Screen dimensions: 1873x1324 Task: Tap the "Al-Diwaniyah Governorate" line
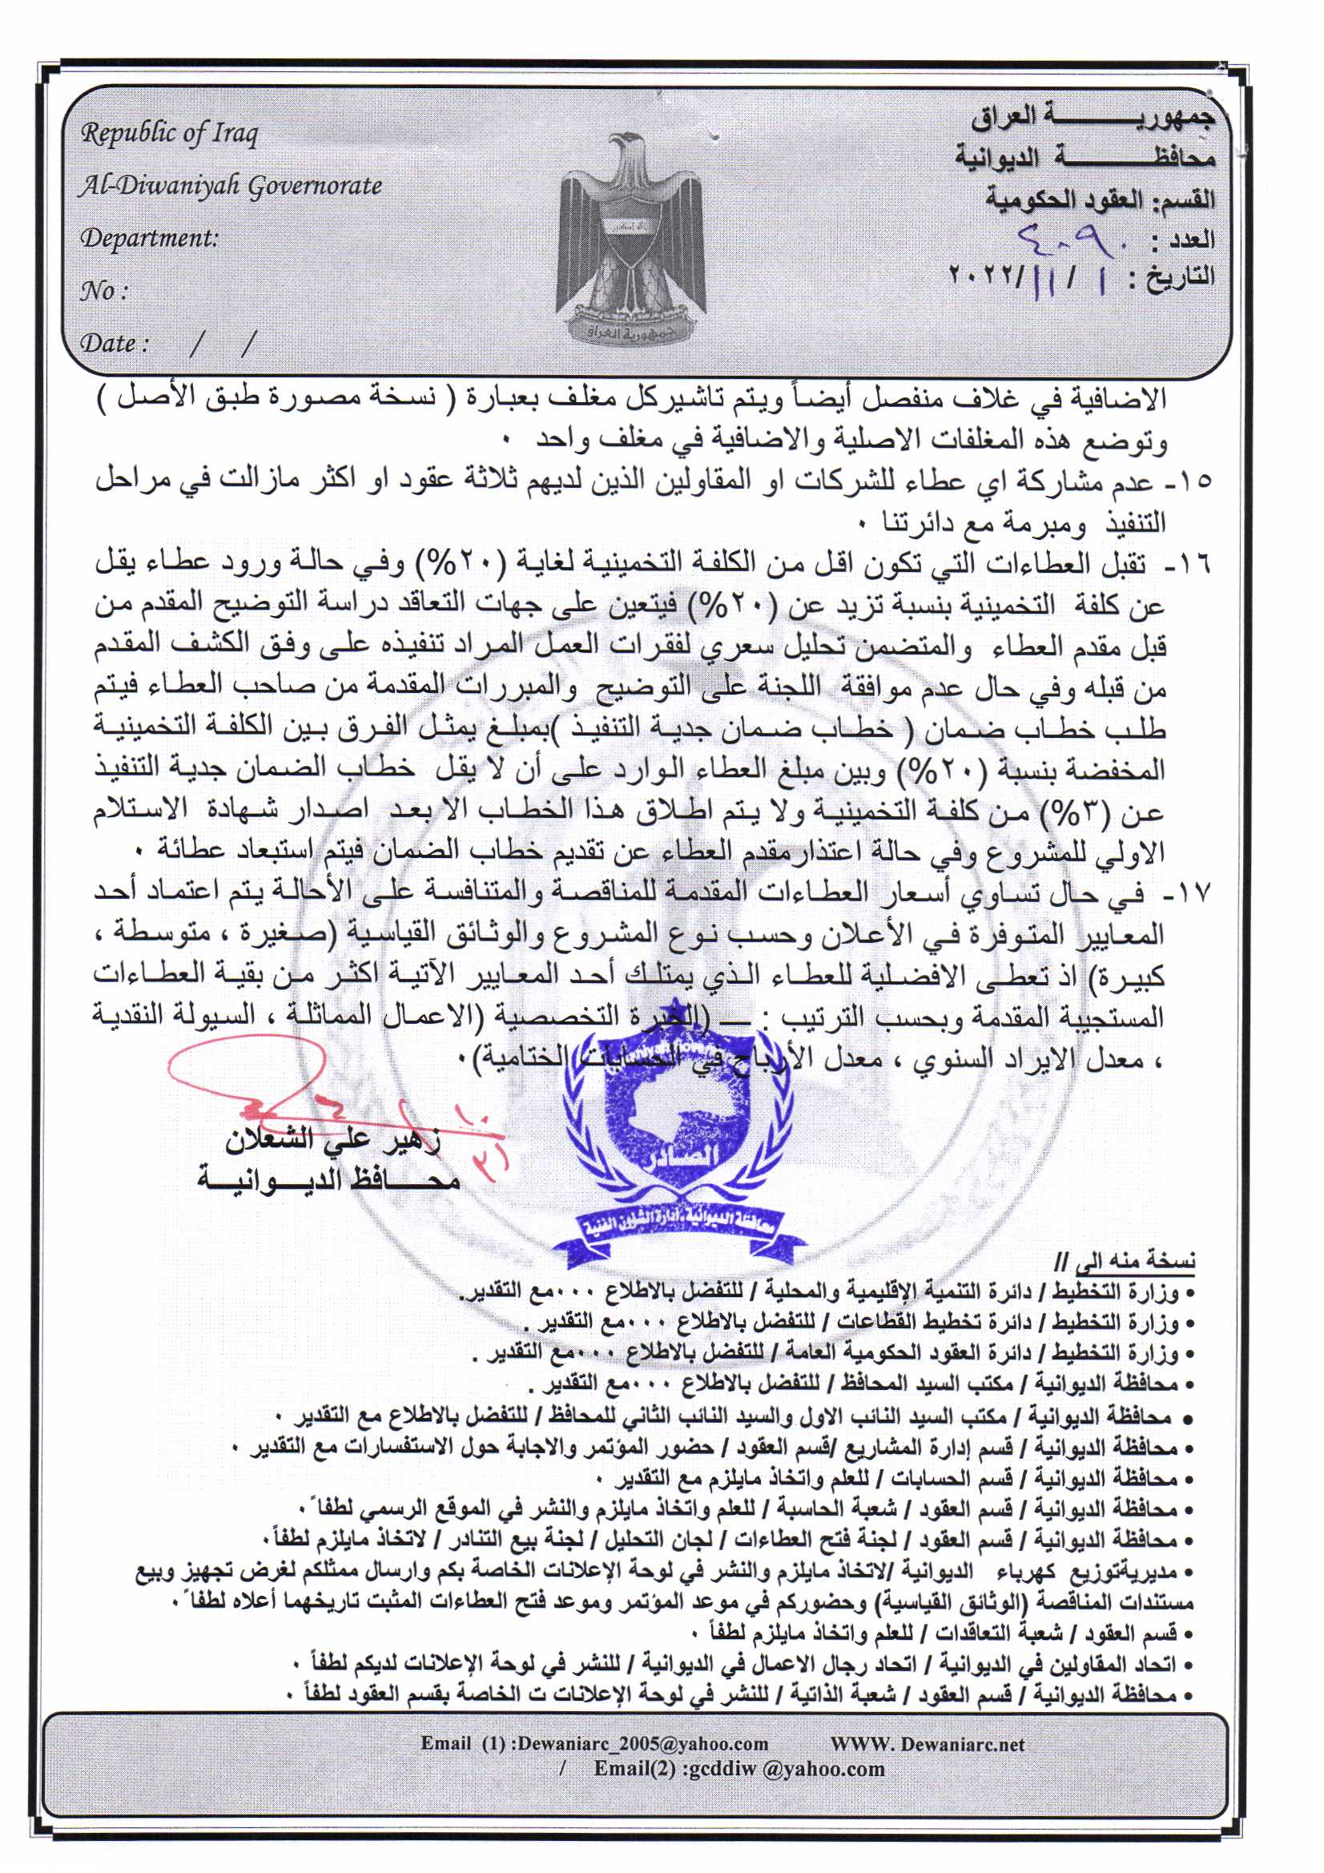click(x=230, y=187)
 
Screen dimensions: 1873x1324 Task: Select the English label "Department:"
click(x=149, y=238)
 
